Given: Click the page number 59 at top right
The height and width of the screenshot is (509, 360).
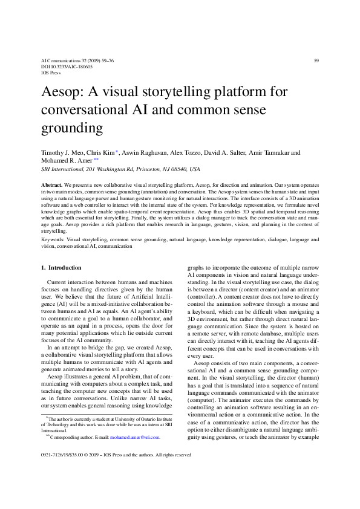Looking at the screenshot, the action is pyautogui.click(x=316, y=60).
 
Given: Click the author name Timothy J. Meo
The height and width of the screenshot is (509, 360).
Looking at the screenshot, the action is pyautogui.click(x=61, y=153).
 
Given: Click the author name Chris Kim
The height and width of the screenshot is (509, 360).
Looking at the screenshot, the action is pyautogui.click(x=100, y=153).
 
